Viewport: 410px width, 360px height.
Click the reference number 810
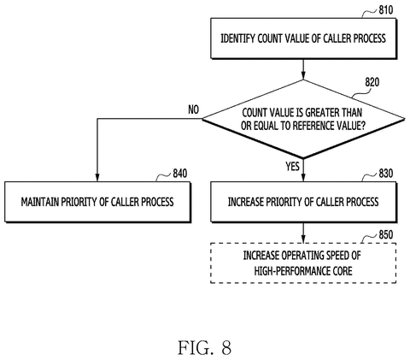(386, 10)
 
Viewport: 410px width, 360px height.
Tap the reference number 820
(372, 82)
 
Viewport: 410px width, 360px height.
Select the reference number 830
(386, 174)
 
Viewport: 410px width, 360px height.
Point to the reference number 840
(180, 174)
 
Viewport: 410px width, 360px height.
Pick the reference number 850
(386, 234)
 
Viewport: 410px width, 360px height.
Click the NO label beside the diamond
(194, 109)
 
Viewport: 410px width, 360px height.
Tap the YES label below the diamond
(293, 166)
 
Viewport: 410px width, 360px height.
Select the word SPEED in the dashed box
(338, 255)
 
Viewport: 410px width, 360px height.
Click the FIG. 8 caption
(205, 348)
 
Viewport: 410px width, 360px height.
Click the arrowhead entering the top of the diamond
(303, 75)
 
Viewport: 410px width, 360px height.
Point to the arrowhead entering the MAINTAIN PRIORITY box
(97, 177)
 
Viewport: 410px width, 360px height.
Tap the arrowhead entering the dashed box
(303, 239)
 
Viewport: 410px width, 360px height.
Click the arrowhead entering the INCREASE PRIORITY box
(303, 177)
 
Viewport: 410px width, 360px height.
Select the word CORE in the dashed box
(343, 271)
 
